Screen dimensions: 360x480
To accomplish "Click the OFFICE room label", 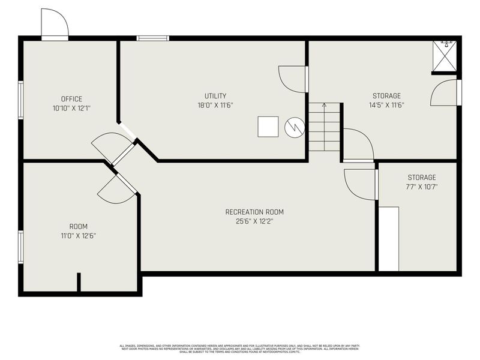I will [71, 99].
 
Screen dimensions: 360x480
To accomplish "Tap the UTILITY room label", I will [215, 96].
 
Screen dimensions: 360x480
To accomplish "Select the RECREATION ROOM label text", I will [254, 212].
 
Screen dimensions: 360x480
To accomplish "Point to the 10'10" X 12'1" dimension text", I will [71, 109].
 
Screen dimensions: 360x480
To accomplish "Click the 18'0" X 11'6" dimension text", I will [215, 105].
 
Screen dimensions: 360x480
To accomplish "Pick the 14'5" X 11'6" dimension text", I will [386, 105].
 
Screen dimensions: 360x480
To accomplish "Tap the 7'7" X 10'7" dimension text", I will [422, 187].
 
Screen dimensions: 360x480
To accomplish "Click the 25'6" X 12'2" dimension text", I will [254, 221].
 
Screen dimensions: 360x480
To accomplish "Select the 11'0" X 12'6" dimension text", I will [78, 236].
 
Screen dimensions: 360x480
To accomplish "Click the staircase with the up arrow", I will [324, 127].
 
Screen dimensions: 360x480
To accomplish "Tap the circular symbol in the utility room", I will [295, 127].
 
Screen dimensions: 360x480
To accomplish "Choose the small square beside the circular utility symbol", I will [268, 127].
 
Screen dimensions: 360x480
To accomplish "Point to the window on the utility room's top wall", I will [152, 38].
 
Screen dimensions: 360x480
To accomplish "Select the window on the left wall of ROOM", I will [21, 247].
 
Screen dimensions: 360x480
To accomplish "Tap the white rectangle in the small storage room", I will [389, 239].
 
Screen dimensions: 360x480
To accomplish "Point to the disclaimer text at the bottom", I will [240, 348].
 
